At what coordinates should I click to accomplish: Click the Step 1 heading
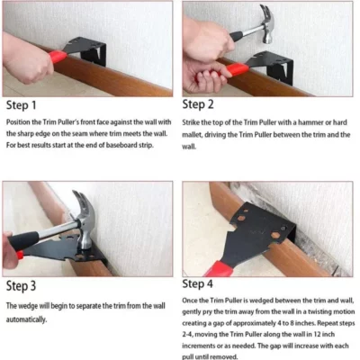tap(26, 104)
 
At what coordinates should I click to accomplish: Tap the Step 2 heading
tap(209, 104)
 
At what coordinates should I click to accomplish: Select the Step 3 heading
tap(26, 287)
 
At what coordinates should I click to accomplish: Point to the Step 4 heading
tap(209, 287)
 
